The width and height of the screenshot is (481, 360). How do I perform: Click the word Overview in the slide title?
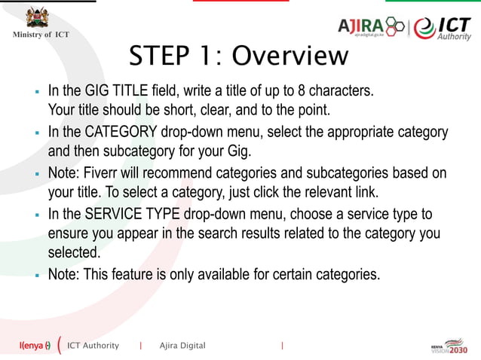pyautogui.click(x=290, y=56)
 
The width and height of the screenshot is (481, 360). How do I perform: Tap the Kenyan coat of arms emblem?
pyautogui.click(x=35, y=17)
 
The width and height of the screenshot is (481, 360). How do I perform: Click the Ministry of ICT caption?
pyautogui.click(x=40, y=35)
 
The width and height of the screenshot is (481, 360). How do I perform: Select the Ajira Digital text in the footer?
pyautogui.click(x=182, y=346)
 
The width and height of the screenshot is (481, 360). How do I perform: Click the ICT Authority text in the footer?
pyautogui.click(x=93, y=346)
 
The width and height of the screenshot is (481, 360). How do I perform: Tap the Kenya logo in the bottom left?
pyautogui.click(x=35, y=346)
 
